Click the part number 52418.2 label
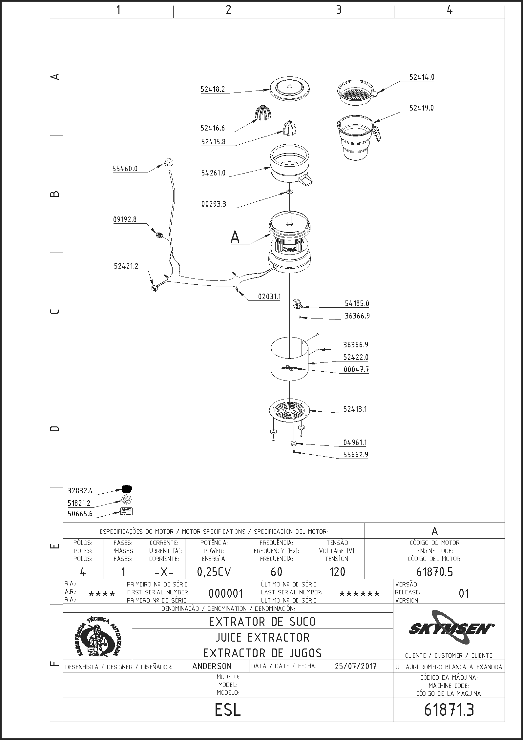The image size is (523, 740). click(x=213, y=89)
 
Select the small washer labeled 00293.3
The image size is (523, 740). click(x=290, y=192)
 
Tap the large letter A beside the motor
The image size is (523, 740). click(x=235, y=237)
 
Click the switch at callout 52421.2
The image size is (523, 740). click(x=154, y=288)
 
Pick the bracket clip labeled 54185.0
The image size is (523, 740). click(x=298, y=303)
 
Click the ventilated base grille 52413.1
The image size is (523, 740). click(x=289, y=410)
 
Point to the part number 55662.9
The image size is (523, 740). click(x=355, y=455)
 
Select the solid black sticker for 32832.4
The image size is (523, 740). click(x=127, y=489)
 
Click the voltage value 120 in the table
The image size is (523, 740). click(x=337, y=572)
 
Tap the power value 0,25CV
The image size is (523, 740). click(x=214, y=572)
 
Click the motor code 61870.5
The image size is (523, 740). click(x=434, y=572)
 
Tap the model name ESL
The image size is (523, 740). click(x=228, y=710)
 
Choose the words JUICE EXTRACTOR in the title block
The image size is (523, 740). click(x=262, y=637)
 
